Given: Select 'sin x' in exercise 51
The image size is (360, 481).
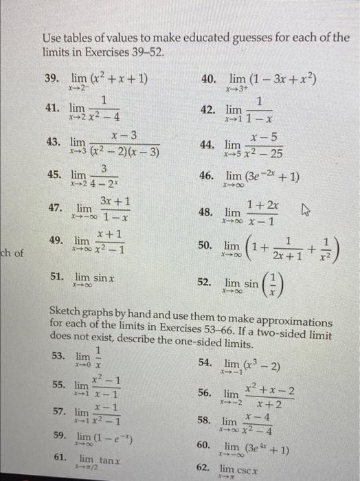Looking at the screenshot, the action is (104, 278).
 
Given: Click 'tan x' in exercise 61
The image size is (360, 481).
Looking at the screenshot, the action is (110, 460).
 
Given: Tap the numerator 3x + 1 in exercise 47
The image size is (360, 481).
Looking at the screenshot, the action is (115, 201).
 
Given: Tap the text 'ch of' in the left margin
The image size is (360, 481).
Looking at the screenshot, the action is (12, 254).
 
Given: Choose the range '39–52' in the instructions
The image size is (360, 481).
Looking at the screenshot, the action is (147, 53).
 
